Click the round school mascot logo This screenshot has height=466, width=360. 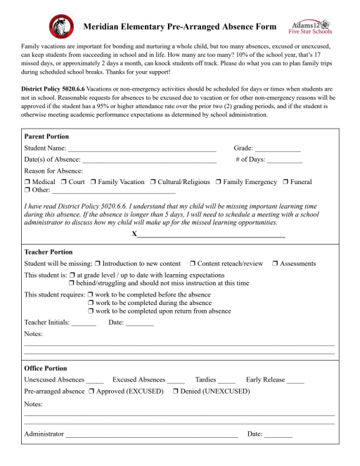(x=61, y=26)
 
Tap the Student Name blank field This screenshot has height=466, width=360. (x=141, y=148)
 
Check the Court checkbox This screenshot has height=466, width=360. (x=63, y=182)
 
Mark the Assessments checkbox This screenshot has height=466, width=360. (x=275, y=264)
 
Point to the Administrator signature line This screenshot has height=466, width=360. (x=151, y=435)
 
